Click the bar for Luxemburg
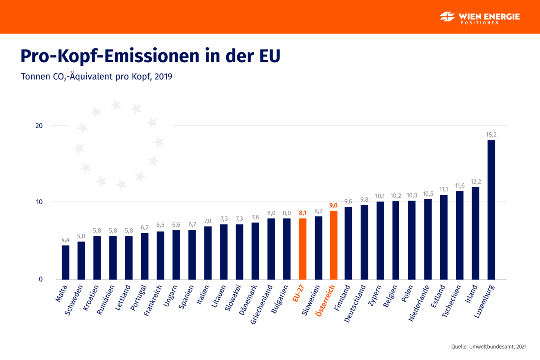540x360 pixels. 491,210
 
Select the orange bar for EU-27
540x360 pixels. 302,249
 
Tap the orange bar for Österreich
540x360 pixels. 334,245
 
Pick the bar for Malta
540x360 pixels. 65,262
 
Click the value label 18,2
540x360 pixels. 491,135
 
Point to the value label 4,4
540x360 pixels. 65,240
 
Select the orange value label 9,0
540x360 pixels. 334,205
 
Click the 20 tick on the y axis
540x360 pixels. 38,126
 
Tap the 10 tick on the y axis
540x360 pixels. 38,202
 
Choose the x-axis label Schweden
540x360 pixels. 75,301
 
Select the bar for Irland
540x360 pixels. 475,233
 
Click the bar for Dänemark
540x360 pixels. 255,251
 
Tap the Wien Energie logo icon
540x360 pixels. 447,17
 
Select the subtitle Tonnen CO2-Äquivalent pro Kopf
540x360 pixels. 96,76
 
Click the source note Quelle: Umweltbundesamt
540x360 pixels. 489,346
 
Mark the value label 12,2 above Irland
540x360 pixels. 475,181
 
